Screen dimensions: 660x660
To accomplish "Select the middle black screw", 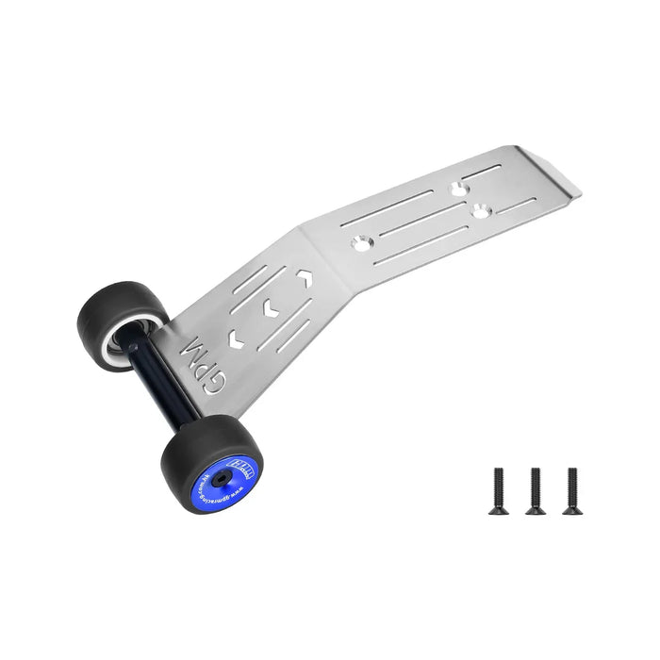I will (534, 489).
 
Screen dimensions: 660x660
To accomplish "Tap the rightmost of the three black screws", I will (569, 489).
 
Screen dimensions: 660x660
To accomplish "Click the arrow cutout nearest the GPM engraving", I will (235, 337).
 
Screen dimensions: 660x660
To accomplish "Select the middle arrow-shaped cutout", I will (270, 307).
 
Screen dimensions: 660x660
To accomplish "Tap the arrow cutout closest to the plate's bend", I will (305, 278).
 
